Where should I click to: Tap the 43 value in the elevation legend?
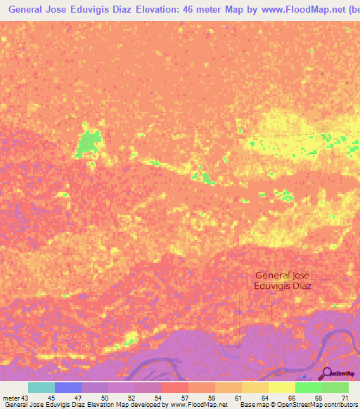(x=25, y=398)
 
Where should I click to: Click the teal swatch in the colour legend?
(x=41, y=387)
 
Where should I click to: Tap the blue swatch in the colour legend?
(x=68, y=387)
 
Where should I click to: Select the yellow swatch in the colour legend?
(x=282, y=387)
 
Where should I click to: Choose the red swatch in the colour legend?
(x=175, y=387)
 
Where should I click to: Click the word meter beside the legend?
(x=11, y=398)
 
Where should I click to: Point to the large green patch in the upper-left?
(x=87, y=143)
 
